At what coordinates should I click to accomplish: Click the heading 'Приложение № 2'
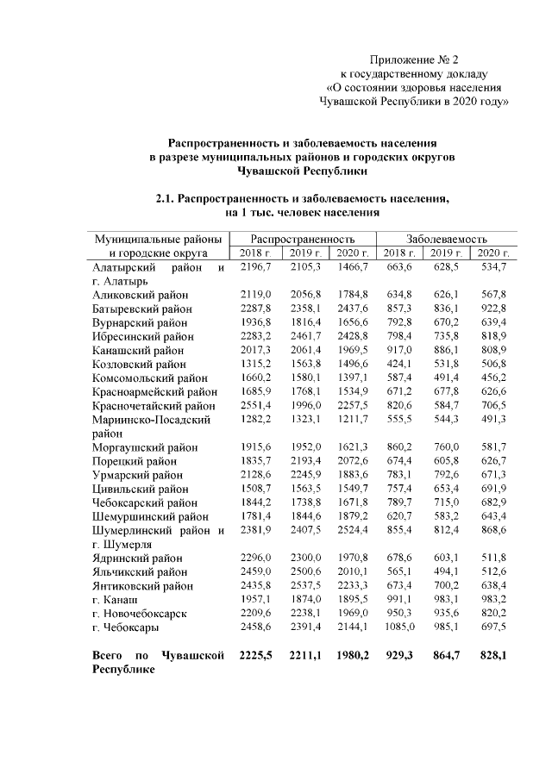tap(409, 59)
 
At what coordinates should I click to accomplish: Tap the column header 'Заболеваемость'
tap(447, 239)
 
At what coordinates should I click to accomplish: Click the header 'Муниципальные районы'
tap(157, 239)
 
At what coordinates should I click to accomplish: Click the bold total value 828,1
tap(493, 656)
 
